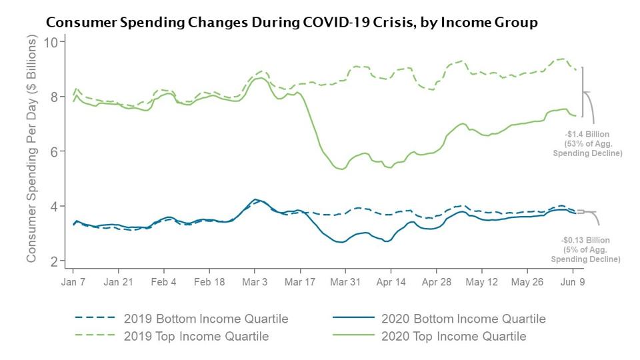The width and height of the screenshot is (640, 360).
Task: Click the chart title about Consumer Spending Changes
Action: [291, 23]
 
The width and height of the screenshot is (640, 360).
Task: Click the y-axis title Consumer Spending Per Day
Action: [31, 151]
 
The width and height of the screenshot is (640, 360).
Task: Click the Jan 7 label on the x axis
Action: [73, 282]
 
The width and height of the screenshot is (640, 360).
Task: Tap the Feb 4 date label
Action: [164, 282]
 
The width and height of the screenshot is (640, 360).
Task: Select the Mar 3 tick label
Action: [255, 282]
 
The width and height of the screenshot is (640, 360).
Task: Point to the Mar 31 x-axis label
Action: [345, 282]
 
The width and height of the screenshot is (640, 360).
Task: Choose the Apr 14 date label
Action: [391, 282]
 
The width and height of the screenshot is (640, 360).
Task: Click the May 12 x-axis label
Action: [481, 282]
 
